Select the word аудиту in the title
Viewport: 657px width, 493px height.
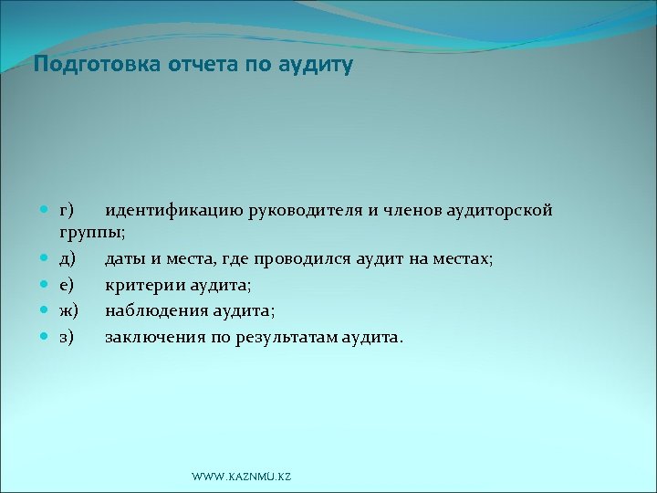click(316, 66)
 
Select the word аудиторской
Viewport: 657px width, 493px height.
click(500, 211)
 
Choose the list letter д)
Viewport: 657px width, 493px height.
click(68, 259)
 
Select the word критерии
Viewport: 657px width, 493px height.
click(142, 285)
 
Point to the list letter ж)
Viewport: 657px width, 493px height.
click(69, 310)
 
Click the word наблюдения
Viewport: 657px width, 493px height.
click(152, 310)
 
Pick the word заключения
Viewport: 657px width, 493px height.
click(151, 337)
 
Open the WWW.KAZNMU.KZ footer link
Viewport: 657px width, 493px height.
click(242, 477)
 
